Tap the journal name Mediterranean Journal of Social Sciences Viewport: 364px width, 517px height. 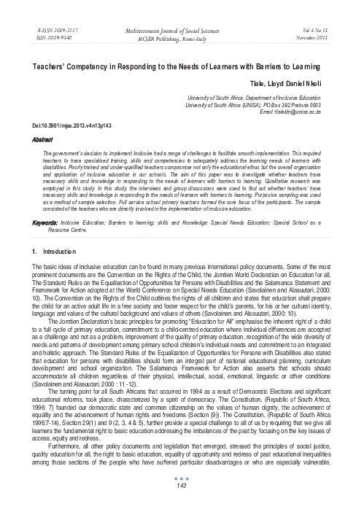(182, 11)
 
